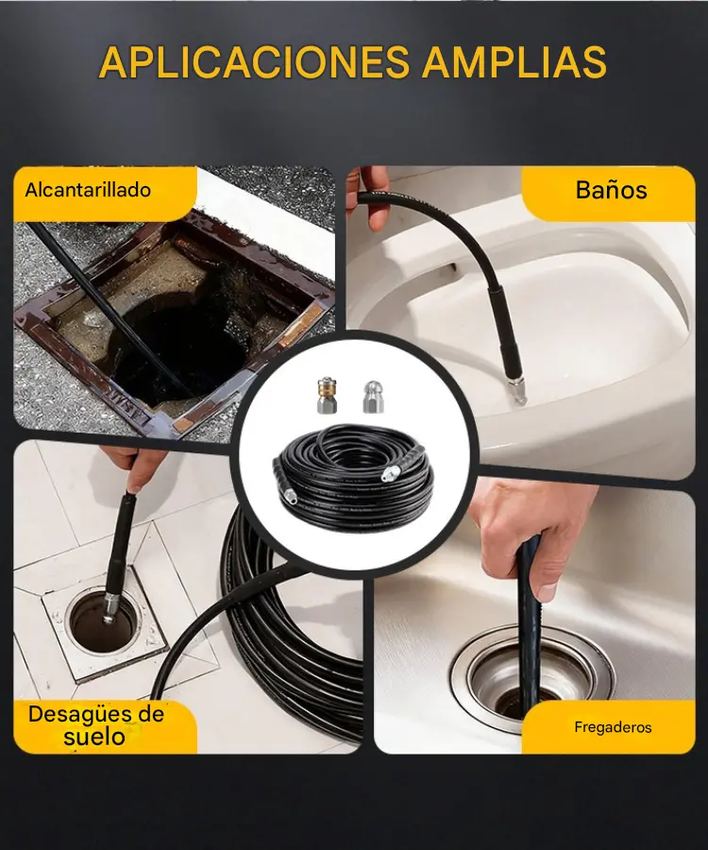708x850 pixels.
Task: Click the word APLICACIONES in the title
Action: coord(254,61)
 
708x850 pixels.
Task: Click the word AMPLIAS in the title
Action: coord(514,61)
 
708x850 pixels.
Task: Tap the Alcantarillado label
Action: coord(88,190)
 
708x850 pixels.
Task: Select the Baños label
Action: coord(611,190)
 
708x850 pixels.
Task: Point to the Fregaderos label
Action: coord(613,727)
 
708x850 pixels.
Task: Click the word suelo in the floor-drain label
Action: coord(94,737)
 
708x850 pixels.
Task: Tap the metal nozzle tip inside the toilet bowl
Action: coord(516,392)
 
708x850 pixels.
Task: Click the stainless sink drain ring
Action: coord(531,671)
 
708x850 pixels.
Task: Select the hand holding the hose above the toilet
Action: coord(368,196)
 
